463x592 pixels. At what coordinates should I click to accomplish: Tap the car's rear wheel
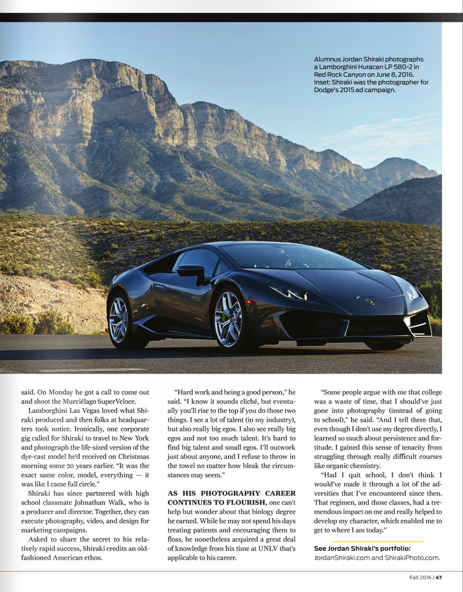(118, 320)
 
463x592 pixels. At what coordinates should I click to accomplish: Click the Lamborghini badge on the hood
(370, 302)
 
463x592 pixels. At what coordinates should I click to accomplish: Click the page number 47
(438, 577)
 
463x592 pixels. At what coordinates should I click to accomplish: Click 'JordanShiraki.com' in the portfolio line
(342, 557)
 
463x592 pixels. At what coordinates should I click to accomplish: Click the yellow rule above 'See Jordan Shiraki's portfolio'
(377, 542)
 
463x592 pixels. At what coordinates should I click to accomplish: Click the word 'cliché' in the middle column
(247, 401)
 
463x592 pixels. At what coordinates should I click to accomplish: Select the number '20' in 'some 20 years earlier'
(79, 466)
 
